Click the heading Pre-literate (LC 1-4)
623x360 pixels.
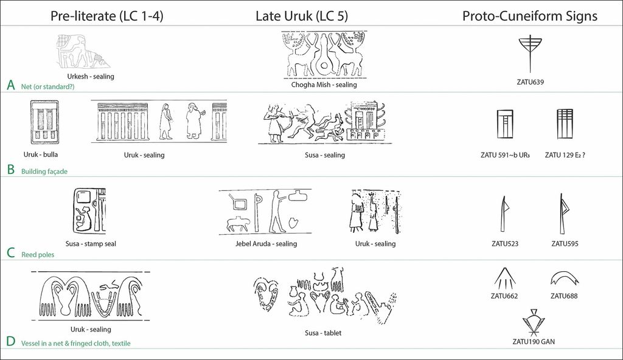(107, 16)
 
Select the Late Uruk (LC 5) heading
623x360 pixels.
(302, 16)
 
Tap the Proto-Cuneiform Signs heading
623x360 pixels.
(530, 16)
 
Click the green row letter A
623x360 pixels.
(10, 85)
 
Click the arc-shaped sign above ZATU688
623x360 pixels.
(563, 279)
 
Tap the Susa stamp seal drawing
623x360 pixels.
(89, 212)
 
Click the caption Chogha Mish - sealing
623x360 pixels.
(324, 85)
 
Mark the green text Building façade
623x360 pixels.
(44, 171)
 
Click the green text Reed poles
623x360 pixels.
(38, 255)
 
